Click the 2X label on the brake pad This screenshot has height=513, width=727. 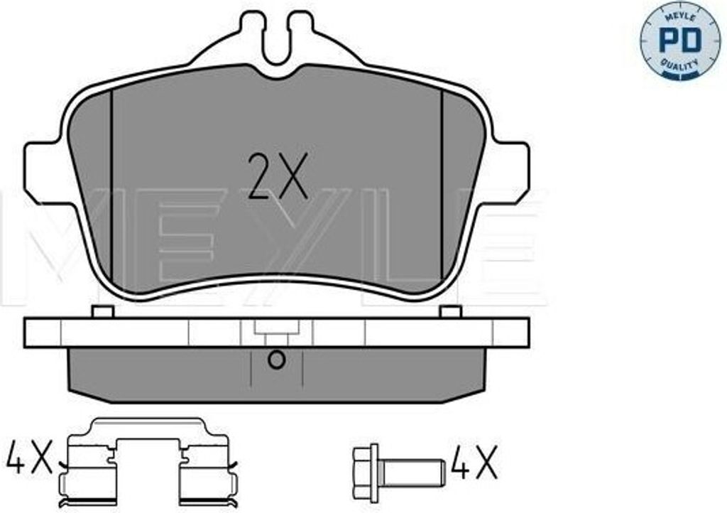(278, 176)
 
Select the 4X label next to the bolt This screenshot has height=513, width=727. (476, 462)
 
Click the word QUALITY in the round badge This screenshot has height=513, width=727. (679, 65)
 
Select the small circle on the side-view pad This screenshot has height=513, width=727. (277, 360)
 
